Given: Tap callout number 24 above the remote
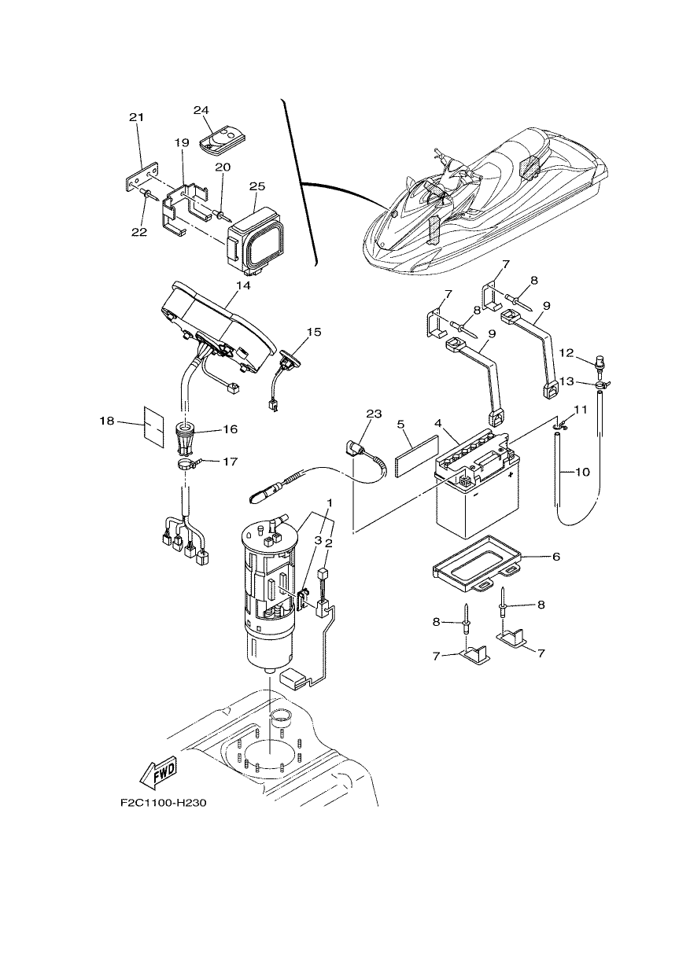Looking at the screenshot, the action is pyautogui.click(x=201, y=111).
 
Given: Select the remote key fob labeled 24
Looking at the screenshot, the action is pyautogui.click(x=223, y=140).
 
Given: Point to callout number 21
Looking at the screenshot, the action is pyautogui.click(x=136, y=117).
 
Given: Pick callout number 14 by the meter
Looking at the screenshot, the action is pyautogui.click(x=244, y=286).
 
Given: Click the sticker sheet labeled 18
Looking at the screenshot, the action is pyautogui.click(x=154, y=426).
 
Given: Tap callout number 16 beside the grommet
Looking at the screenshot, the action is pyautogui.click(x=231, y=429).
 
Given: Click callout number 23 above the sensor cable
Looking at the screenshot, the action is pyautogui.click(x=374, y=414).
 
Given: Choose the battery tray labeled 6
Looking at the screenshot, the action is pyautogui.click(x=478, y=563).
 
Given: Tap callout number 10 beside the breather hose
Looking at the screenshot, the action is pyautogui.click(x=582, y=473).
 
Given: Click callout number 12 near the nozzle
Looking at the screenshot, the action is pyautogui.click(x=566, y=353).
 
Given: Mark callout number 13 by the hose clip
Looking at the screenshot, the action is pyautogui.click(x=566, y=381).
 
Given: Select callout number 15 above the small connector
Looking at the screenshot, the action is pyautogui.click(x=314, y=332).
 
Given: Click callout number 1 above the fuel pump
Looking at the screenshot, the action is pyautogui.click(x=330, y=503).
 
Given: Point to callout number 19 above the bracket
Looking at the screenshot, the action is pyautogui.click(x=182, y=143).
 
